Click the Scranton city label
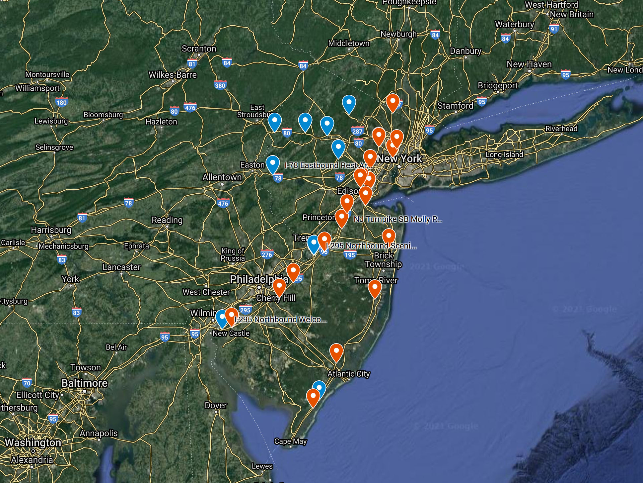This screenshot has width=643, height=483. click(199, 49)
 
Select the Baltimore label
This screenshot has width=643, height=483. click(84, 383)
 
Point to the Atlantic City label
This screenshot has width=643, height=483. click(348, 374)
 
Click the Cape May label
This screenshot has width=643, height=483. click(290, 441)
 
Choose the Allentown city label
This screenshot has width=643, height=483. click(222, 177)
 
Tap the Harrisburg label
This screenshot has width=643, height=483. click(51, 230)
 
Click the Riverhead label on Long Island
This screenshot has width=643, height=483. click(561, 129)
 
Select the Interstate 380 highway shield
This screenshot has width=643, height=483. click(220, 85)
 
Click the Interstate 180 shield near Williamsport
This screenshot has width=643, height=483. click(61, 102)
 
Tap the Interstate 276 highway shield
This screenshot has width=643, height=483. click(267, 255)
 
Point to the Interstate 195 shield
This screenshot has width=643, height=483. click(350, 255)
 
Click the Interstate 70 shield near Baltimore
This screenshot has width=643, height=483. click(27, 383)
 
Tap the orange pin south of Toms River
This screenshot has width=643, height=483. click(375, 288)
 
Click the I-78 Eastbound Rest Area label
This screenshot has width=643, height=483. click(326, 165)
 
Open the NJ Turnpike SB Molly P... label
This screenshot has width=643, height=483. click(397, 219)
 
